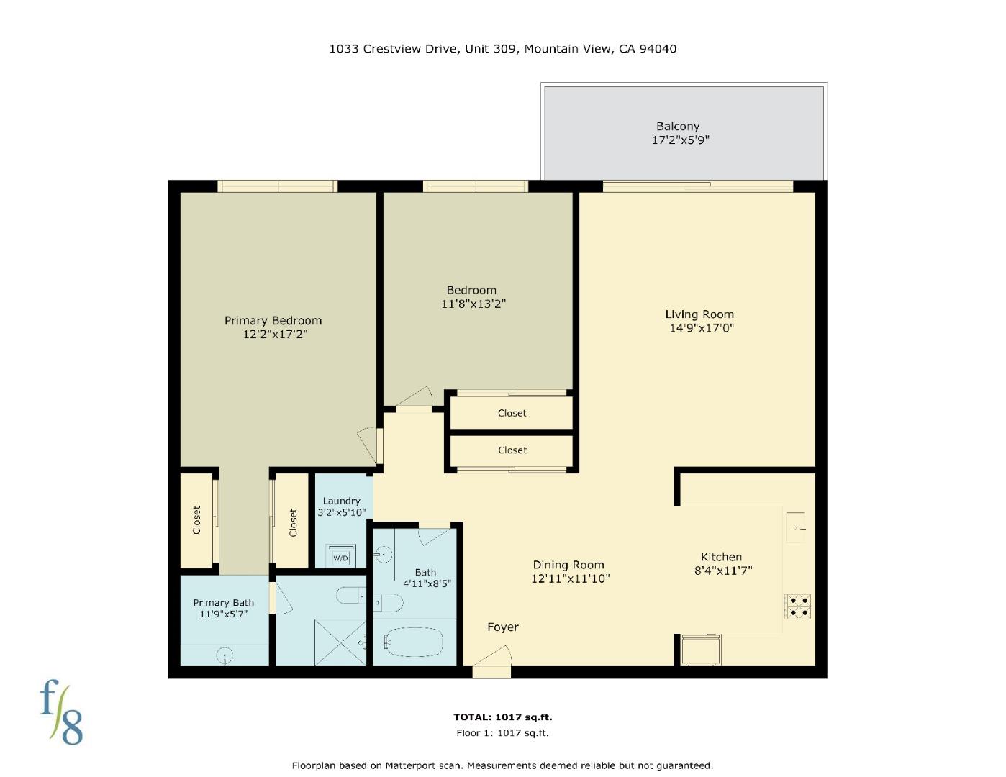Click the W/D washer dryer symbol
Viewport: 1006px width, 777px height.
coord(340,557)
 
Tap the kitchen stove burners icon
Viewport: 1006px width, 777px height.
coord(797,606)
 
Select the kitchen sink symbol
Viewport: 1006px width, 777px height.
coord(795,528)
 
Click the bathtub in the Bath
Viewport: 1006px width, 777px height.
coord(413,641)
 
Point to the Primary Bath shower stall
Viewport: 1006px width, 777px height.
coord(340,642)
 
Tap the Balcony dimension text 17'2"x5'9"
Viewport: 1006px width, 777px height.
coord(680,140)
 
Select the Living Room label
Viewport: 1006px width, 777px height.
coord(699,314)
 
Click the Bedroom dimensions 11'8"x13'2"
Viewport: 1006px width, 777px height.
coord(473,304)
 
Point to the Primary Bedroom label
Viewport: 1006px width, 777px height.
coord(273,321)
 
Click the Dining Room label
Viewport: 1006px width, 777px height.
coord(568,565)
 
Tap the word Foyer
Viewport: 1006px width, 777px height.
coord(502,627)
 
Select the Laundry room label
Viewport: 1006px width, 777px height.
coord(341,501)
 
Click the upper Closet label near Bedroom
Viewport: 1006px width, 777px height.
coord(512,413)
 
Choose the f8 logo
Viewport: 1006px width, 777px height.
coord(61,712)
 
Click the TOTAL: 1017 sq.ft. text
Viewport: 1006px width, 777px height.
coord(502,717)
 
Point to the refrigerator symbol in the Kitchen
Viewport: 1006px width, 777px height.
coord(699,650)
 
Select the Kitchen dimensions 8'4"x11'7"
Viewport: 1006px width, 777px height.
coord(722,571)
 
